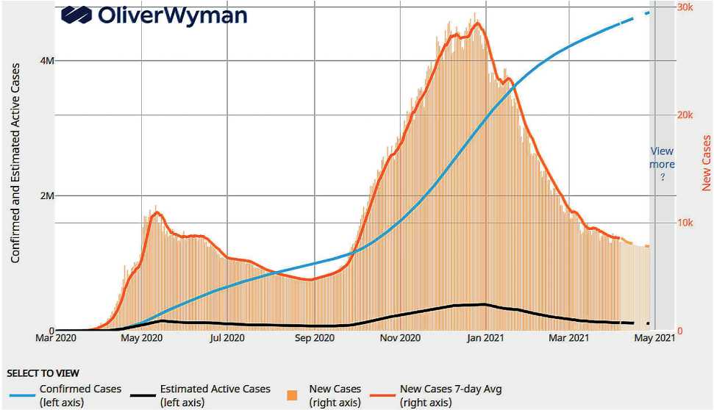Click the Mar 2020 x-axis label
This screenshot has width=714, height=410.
pyautogui.click(x=55, y=338)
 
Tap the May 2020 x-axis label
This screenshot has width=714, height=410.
pyautogui.click(x=140, y=338)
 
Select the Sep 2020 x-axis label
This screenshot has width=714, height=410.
pyautogui.click(x=314, y=338)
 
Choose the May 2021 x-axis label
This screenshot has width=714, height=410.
pyautogui.click(x=655, y=338)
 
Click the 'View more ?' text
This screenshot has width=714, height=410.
pyautogui.click(x=662, y=165)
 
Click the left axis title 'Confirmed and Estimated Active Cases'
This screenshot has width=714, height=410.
pyautogui.click(x=15, y=163)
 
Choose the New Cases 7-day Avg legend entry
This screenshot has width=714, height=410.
pyautogui.click(x=449, y=395)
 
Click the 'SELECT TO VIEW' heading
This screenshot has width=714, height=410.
pyautogui.click(x=43, y=373)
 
